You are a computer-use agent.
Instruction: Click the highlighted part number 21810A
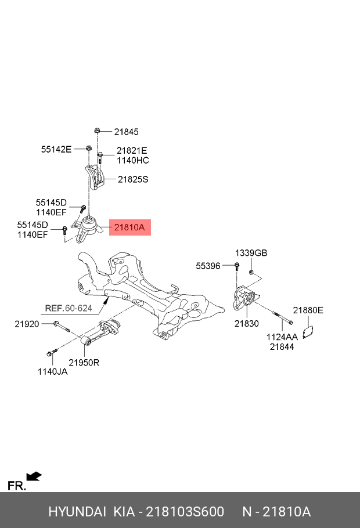coord(129,227)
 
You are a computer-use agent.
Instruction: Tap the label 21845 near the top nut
coord(126,132)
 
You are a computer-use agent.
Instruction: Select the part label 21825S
coord(133,180)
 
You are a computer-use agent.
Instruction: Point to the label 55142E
coord(56,149)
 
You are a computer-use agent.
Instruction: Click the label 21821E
coord(132,150)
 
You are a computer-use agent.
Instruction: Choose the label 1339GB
coord(251,253)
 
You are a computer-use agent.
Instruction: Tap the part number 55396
coord(208,266)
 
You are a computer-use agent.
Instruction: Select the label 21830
coord(247,324)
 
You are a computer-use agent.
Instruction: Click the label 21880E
coord(308,310)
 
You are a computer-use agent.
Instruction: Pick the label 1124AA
coord(282,337)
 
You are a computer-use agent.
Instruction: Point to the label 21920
coord(27,324)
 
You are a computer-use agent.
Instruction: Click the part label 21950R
coord(84,363)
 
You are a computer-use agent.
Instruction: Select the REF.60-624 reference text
coord(69,308)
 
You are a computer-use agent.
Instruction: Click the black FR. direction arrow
coord(35,476)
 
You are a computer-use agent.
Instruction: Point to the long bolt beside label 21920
coord(62,327)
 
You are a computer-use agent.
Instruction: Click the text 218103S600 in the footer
coord(185,512)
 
